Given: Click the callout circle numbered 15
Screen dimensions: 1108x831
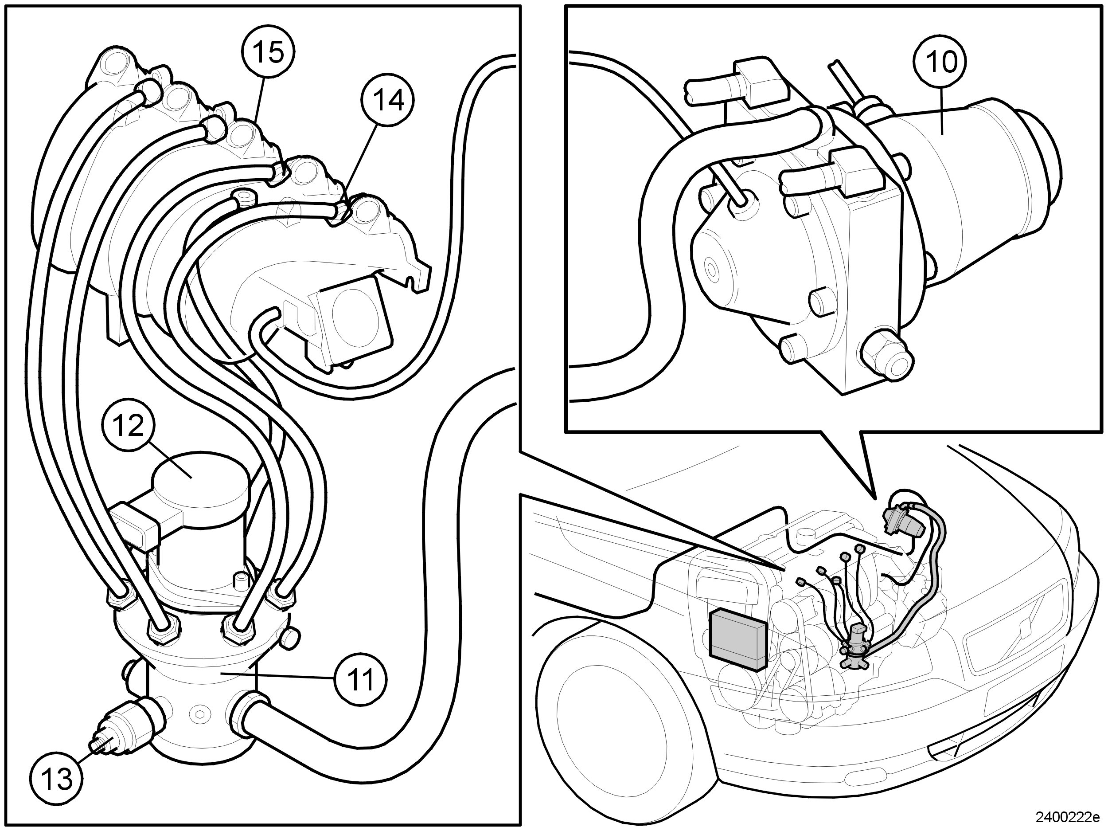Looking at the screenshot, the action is coord(269,52).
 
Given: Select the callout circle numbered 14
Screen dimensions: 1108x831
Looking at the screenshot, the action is coord(389,101).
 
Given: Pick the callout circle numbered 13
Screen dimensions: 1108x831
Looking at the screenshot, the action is coord(57,779).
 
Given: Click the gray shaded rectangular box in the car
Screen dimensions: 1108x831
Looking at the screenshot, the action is coord(738,639).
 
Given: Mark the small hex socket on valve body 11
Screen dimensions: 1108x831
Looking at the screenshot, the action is coord(199,713).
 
